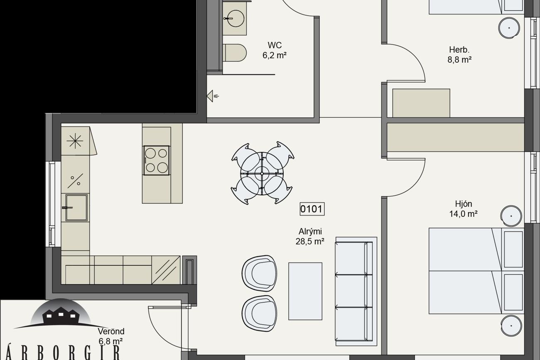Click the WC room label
click(x=275, y=45)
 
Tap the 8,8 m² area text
click(x=459, y=60)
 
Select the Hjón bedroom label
click(x=463, y=204)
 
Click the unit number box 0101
click(x=312, y=209)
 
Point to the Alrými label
click(x=310, y=232)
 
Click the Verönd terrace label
click(x=111, y=331)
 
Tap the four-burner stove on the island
click(x=157, y=160)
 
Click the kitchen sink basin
click(x=76, y=208)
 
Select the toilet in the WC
click(x=234, y=53)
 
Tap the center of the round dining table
click(x=262, y=174)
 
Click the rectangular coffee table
click(x=305, y=291)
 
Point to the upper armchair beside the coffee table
click(x=260, y=274)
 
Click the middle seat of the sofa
click(x=354, y=291)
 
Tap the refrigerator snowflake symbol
click(x=75, y=141)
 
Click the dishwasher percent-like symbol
click(x=75, y=181)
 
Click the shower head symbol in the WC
click(x=213, y=96)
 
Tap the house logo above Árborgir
click(x=61, y=313)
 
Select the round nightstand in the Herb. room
click(x=509, y=28)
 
